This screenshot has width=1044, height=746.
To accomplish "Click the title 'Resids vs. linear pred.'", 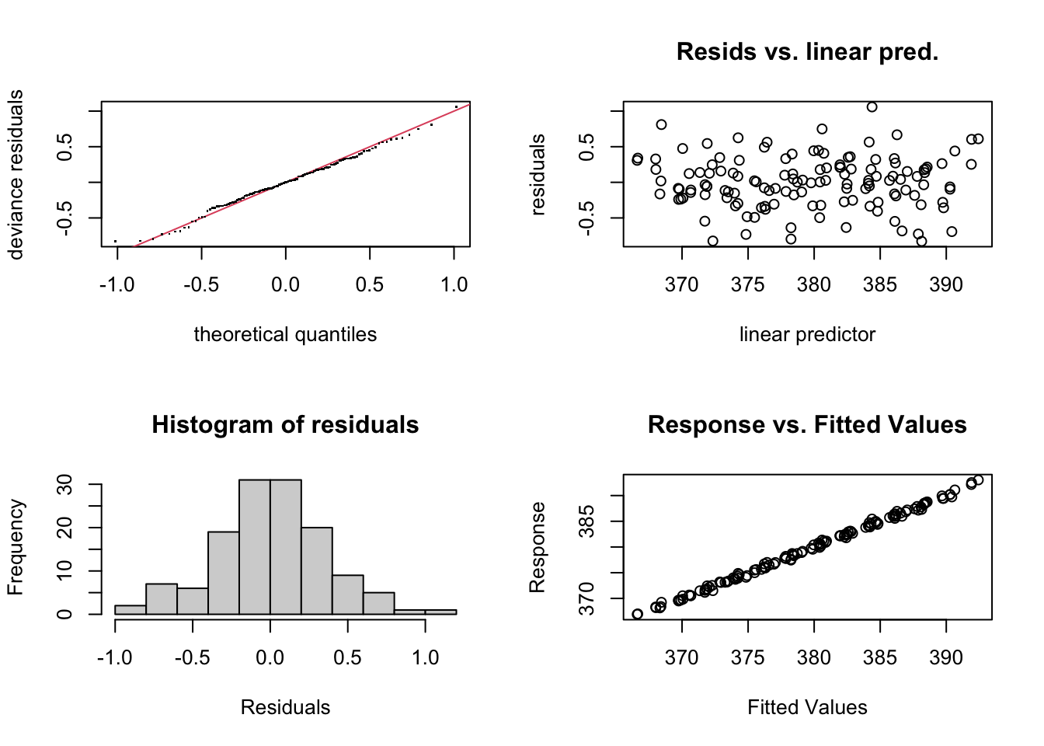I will pos(807,51).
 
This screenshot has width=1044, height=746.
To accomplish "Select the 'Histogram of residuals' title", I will pos(285,424).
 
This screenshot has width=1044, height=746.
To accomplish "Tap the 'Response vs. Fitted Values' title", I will pos(807,424).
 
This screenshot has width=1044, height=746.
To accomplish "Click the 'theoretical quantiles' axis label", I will pos(285,334).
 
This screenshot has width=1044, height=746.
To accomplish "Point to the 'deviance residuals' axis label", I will pos(16,174).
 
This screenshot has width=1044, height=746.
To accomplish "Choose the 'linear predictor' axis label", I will pos(807,334).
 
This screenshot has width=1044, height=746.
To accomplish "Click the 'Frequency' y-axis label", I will pos(16,547).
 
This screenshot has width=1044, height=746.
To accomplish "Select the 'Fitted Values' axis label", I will pos(807,707).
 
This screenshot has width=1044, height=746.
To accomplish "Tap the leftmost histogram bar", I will pos(130,610).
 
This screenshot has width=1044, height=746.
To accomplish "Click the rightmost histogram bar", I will pos(440,612).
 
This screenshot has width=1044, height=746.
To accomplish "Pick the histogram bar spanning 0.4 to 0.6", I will pos(348,594).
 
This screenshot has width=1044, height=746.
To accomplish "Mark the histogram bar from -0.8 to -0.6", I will pos(162,599).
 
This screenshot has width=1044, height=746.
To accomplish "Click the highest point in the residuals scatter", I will pos(872,107).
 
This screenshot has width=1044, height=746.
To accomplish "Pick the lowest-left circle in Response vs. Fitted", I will pos(638,614).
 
